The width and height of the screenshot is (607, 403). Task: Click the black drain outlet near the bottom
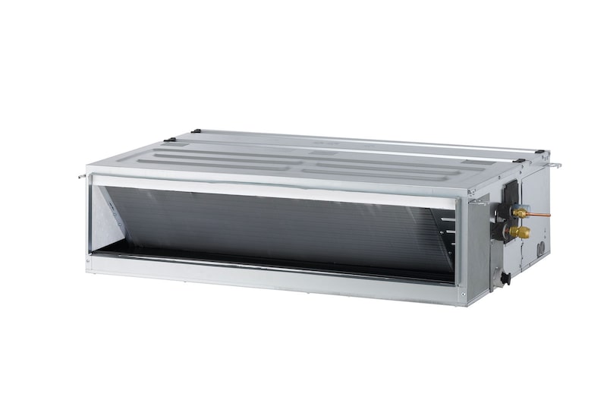[x=505, y=279]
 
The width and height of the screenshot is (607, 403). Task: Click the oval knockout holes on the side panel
[x=540, y=247]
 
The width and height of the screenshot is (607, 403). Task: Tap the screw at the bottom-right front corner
[x=461, y=292]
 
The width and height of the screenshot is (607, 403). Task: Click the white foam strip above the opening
[x=273, y=188]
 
